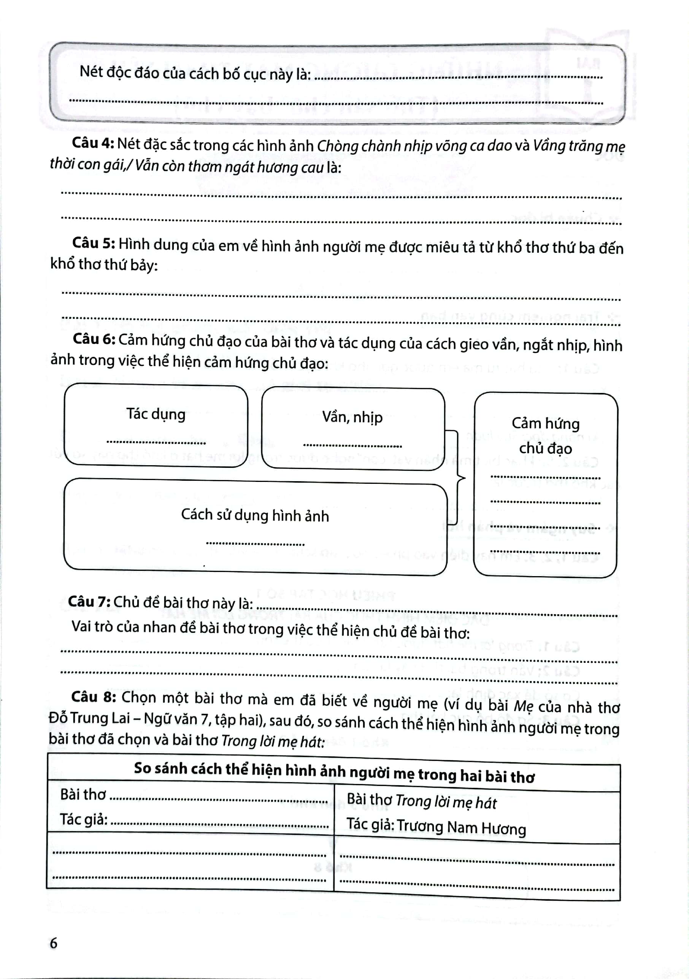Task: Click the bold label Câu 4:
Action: pyautogui.click(x=92, y=143)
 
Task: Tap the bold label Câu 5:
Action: pyautogui.click(x=94, y=244)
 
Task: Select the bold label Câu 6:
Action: pyautogui.click(x=94, y=339)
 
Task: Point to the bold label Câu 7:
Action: pyautogui.click(x=89, y=602)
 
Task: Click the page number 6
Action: pyautogui.click(x=53, y=943)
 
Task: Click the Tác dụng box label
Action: pyautogui.click(x=156, y=414)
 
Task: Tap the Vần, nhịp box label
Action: pyautogui.click(x=352, y=417)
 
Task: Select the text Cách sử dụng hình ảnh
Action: pyautogui.click(x=255, y=515)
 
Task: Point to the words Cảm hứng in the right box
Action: pyautogui.click(x=545, y=423)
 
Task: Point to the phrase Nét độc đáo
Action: pyautogui.click(x=115, y=72)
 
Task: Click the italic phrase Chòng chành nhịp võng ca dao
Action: pyautogui.click(x=414, y=146)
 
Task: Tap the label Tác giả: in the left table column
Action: pyautogui.click(x=84, y=819)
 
